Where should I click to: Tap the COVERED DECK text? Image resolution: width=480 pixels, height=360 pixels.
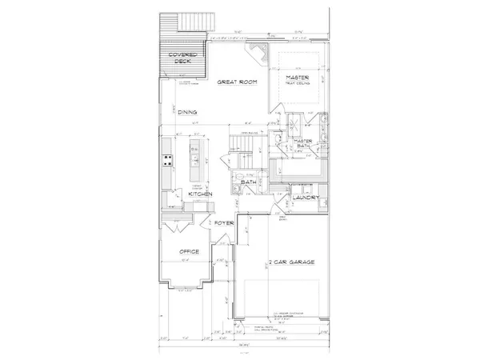coord(181,59)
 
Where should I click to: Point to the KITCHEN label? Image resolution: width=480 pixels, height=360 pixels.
coord(199,194)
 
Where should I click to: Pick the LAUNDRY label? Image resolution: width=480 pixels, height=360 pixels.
coord(307,198)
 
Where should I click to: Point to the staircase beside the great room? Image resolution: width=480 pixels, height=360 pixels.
coord(241,145)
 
